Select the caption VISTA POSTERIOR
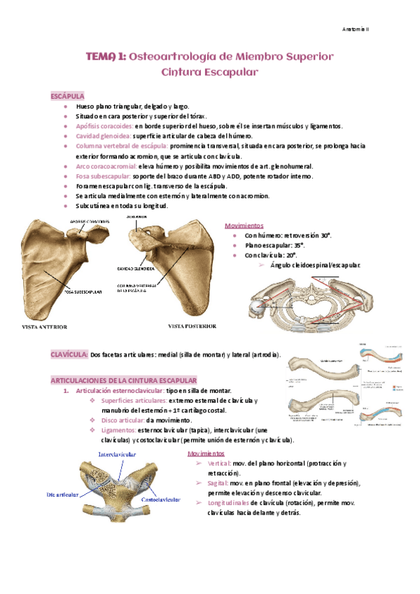point(192,326)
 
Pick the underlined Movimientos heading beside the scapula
point(244,226)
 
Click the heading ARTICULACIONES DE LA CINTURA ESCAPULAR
point(124,380)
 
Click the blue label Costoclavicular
point(161,499)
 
